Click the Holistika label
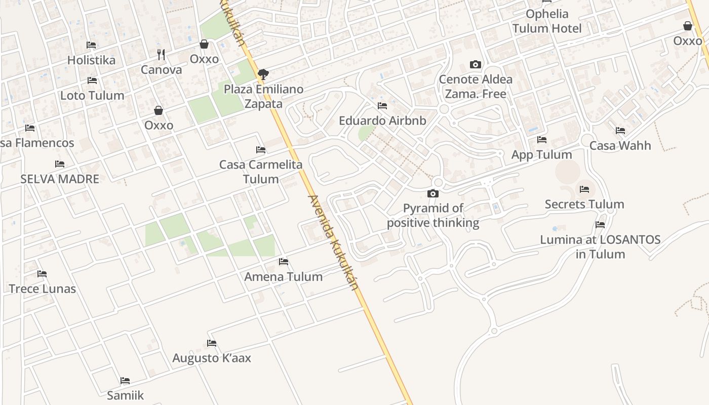pyautogui.click(x=91, y=60)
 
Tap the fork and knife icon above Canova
pyautogui.click(x=161, y=54)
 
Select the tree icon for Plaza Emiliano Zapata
pyautogui.click(x=263, y=74)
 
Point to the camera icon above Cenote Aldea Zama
pyautogui.click(x=475, y=64)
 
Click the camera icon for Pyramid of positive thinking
pyautogui.click(x=432, y=193)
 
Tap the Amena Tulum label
pyautogui.click(x=283, y=277)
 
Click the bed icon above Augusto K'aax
pyautogui.click(x=212, y=343)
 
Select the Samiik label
pyautogui.click(x=126, y=395)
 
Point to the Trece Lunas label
pyautogui.click(x=42, y=289)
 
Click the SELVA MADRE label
pyautogui.click(x=60, y=179)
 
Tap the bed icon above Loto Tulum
pyautogui.click(x=92, y=80)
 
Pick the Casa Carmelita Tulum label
pyautogui.click(x=261, y=172)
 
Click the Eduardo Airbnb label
pyautogui.click(x=382, y=121)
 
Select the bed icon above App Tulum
pyautogui.click(x=542, y=140)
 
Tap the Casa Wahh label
pyautogui.click(x=620, y=146)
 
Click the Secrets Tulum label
pyautogui.click(x=584, y=205)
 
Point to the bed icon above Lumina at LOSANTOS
pyautogui.click(x=600, y=225)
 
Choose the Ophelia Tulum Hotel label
pyautogui.click(x=547, y=21)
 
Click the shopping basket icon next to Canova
pyautogui.click(x=204, y=44)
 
